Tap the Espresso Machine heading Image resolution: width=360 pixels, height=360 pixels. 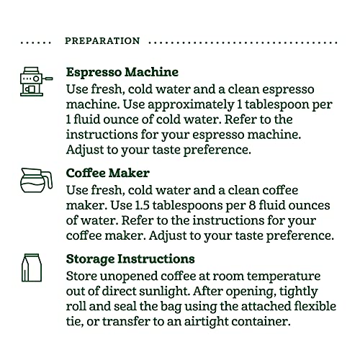(x=122, y=73)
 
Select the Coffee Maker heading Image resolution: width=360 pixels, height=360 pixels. (x=109, y=173)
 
